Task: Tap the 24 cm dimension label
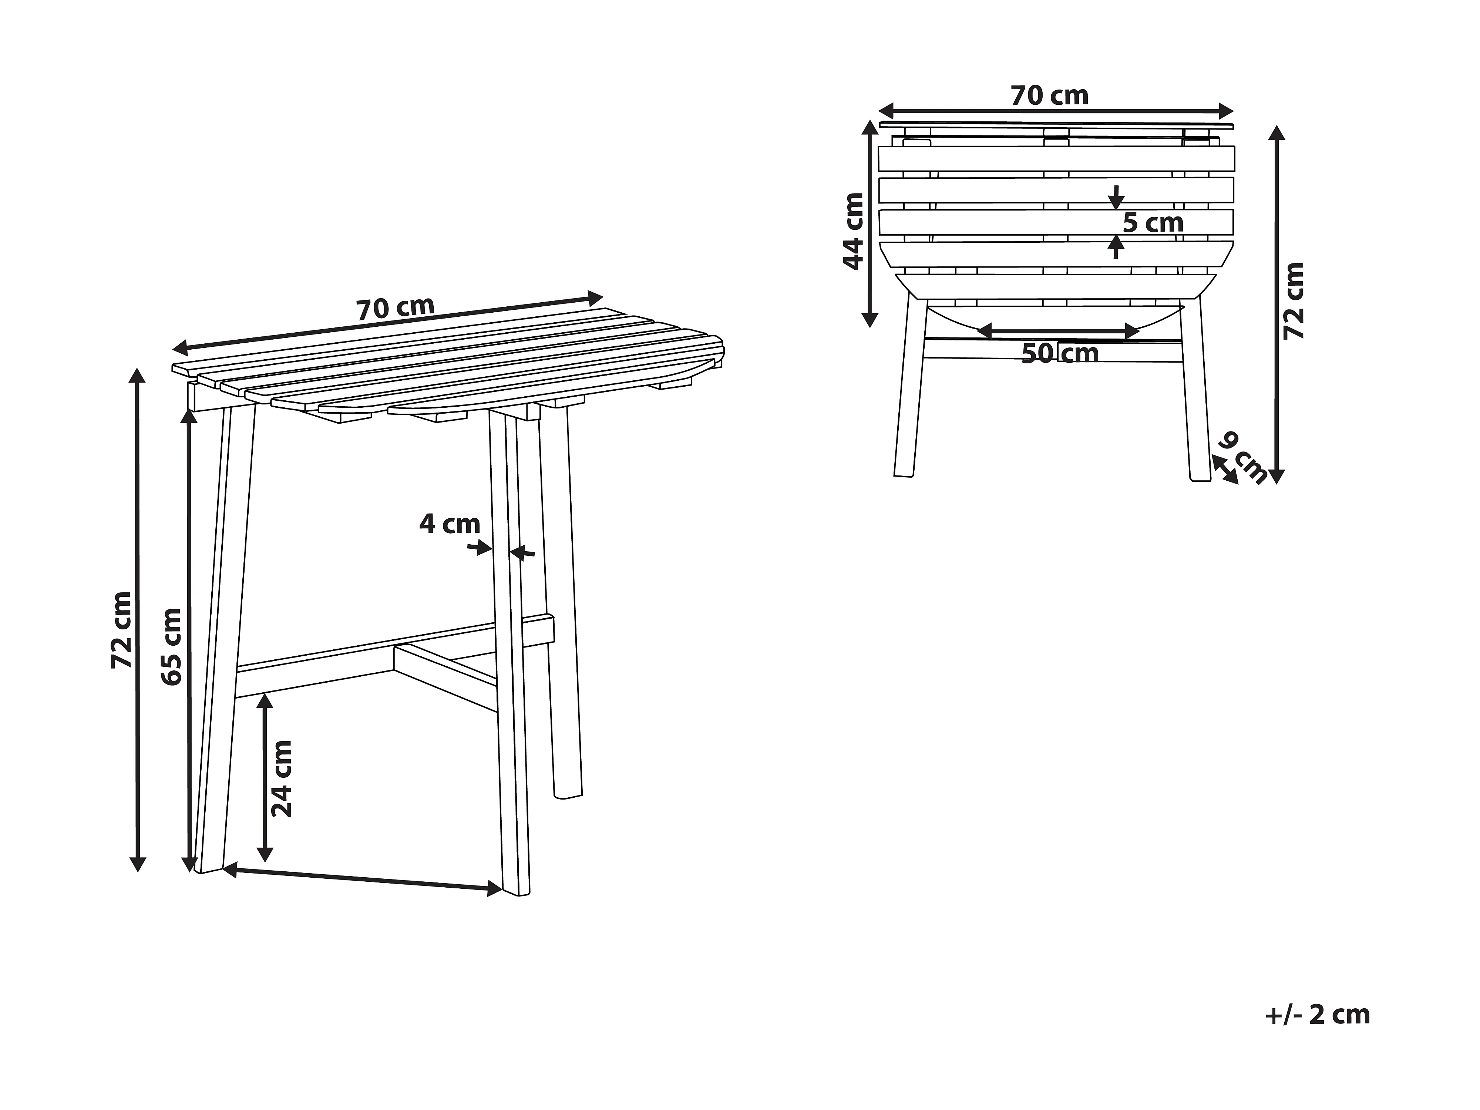pos(282,778)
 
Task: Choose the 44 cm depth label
pos(853,231)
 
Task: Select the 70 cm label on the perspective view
pos(395,309)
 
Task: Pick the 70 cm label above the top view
pos(1049,96)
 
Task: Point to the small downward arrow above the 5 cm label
pos(1115,196)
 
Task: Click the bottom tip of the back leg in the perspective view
pos(567,796)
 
